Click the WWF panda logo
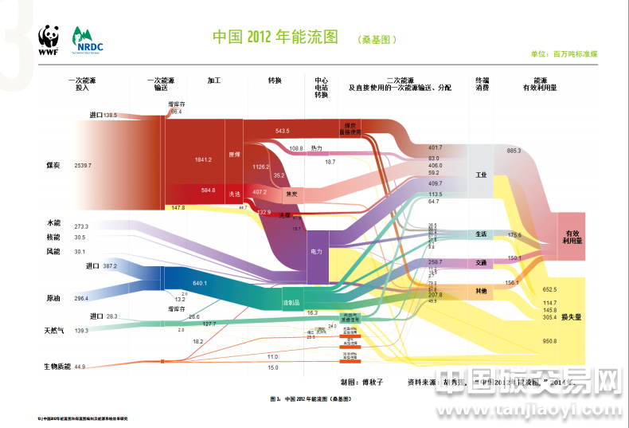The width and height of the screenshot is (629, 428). click(x=49, y=40)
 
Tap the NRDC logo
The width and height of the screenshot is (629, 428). click(x=87, y=39)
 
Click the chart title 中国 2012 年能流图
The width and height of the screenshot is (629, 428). click(x=276, y=37)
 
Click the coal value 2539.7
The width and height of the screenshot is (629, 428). click(x=83, y=165)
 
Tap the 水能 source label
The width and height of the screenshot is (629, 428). click(x=54, y=226)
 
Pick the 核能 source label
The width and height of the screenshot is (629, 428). click(x=54, y=238)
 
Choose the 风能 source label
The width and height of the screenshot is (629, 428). click(x=54, y=251)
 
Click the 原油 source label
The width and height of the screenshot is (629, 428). click(x=54, y=298)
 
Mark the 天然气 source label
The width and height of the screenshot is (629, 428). click(x=54, y=330)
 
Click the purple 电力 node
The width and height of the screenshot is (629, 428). click(x=317, y=251)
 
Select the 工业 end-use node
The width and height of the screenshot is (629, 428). click(x=480, y=174)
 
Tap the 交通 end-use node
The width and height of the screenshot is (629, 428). click(x=480, y=262)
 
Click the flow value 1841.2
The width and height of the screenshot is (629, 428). click(x=203, y=159)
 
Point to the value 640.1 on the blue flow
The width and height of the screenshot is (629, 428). click(x=199, y=283)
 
